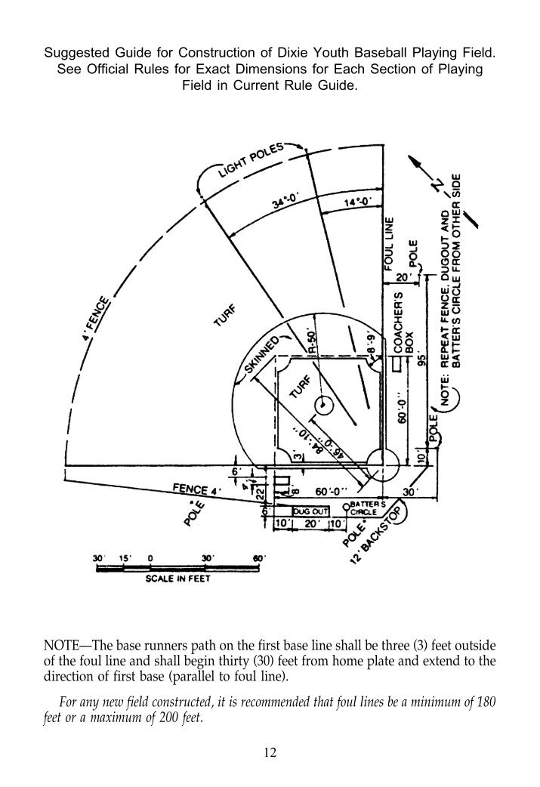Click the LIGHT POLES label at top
(x=248, y=160)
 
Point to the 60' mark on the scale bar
(x=258, y=558)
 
